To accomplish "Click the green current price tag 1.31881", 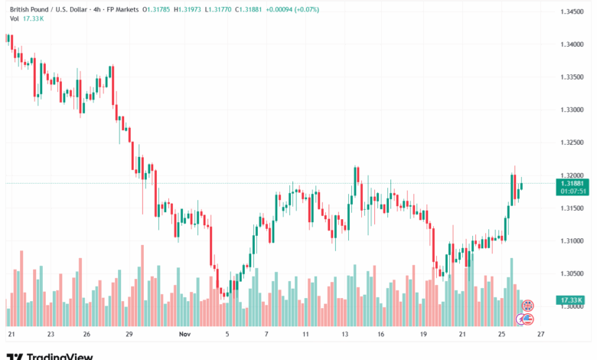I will (x=573, y=183).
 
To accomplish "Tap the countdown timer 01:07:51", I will (x=573, y=191).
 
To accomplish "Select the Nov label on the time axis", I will (x=184, y=335).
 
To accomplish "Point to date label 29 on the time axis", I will (x=129, y=335).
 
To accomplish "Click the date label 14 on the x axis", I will (x=345, y=335).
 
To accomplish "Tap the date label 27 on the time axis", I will (x=540, y=335).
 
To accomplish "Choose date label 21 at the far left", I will (x=11, y=335).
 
